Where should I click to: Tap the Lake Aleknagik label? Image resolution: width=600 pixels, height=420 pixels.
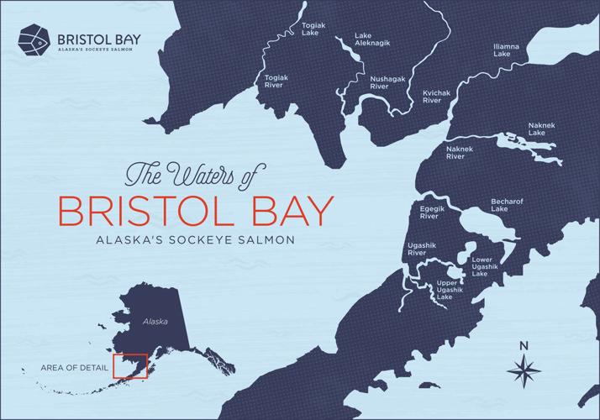tap(363, 39)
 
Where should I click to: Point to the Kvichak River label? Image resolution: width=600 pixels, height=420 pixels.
tap(432, 97)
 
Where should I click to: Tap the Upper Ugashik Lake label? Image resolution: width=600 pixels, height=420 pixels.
tap(445, 291)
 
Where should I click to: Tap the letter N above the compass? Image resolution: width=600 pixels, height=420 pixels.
tap(523, 345)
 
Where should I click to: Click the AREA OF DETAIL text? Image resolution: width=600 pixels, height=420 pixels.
tap(73, 367)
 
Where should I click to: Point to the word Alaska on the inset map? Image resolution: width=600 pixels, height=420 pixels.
tap(155, 322)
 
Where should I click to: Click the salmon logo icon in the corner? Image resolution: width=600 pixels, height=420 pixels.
tap(34, 39)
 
